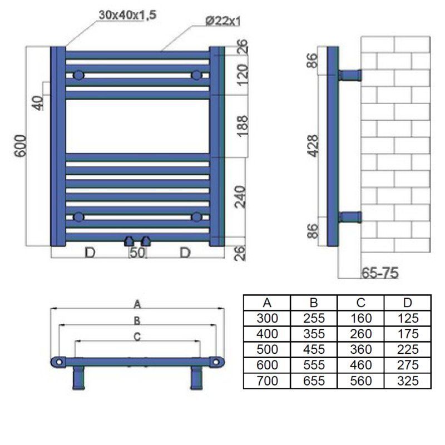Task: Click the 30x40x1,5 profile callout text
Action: click(127, 15)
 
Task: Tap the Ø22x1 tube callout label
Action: click(223, 21)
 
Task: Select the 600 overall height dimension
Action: click(21, 146)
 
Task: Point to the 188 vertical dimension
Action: click(243, 126)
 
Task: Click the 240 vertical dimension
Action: click(240, 197)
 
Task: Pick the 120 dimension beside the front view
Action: click(243, 75)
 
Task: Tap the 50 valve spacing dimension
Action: click(137, 253)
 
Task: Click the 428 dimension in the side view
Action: click(314, 146)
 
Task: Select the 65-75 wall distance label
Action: click(380, 273)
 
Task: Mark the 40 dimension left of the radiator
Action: click(38, 103)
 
